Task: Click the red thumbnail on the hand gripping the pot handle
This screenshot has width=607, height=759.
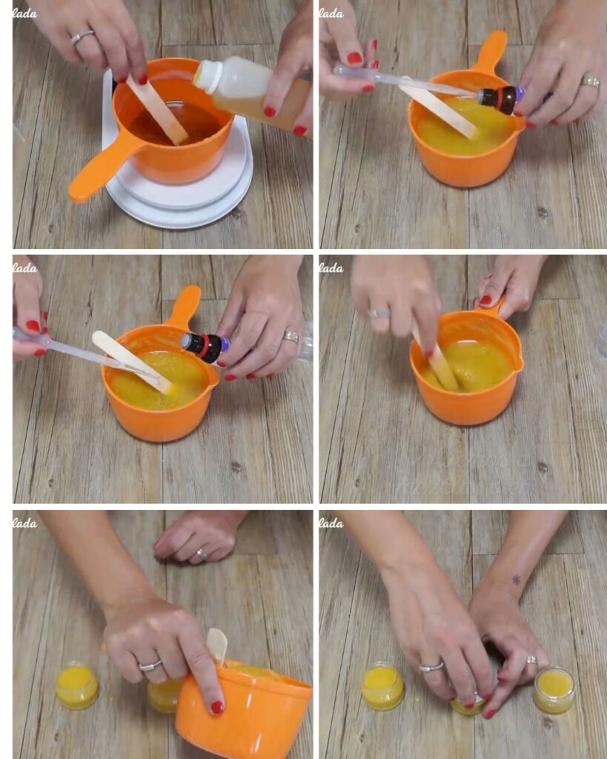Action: pos(485,300)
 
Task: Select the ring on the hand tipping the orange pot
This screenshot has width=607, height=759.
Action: pos(150,665)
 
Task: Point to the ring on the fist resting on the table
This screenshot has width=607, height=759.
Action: pos(202,553)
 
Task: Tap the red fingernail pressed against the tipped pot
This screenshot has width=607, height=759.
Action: pos(216,707)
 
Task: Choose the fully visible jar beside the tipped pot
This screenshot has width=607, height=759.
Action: pos(76,686)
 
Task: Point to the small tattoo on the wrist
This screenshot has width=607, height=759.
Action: pos(516,580)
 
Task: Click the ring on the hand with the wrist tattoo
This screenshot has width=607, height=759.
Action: pos(531,659)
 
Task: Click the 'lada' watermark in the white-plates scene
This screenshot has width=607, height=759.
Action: pos(24,13)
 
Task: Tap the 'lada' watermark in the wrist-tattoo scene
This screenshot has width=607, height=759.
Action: pos(331,523)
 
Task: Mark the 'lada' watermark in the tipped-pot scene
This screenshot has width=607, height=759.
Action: pos(24,523)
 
